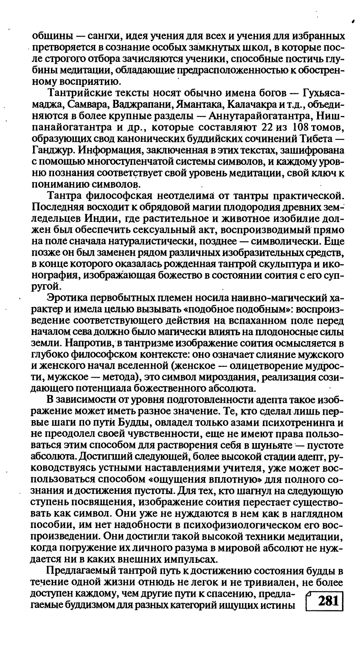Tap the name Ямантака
(203, 104)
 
